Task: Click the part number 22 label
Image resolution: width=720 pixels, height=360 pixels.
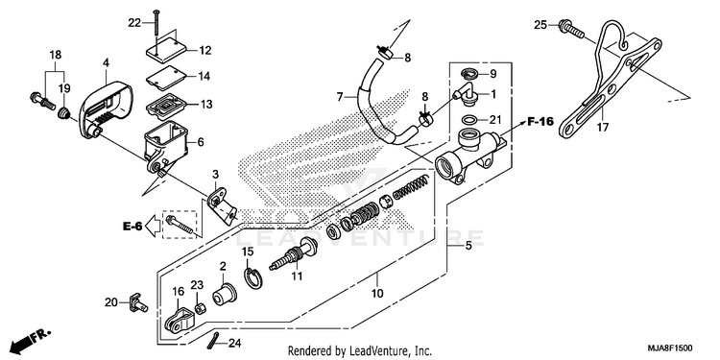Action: point(134,22)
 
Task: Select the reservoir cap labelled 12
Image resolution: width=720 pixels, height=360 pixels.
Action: point(165,51)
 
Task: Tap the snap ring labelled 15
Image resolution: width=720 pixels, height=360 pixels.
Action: point(253,278)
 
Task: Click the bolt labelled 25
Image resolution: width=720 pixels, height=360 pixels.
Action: point(572,28)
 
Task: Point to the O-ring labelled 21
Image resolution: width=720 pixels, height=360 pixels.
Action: point(468,120)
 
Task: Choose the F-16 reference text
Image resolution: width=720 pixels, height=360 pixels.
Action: point(540,122)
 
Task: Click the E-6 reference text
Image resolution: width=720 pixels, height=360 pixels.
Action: point(132,226)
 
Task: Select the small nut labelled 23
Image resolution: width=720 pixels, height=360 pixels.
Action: point(200,308)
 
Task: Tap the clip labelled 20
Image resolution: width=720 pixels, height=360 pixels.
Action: point(137,302)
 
